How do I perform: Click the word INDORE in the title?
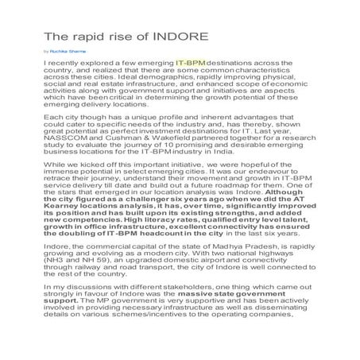[181, 37]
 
